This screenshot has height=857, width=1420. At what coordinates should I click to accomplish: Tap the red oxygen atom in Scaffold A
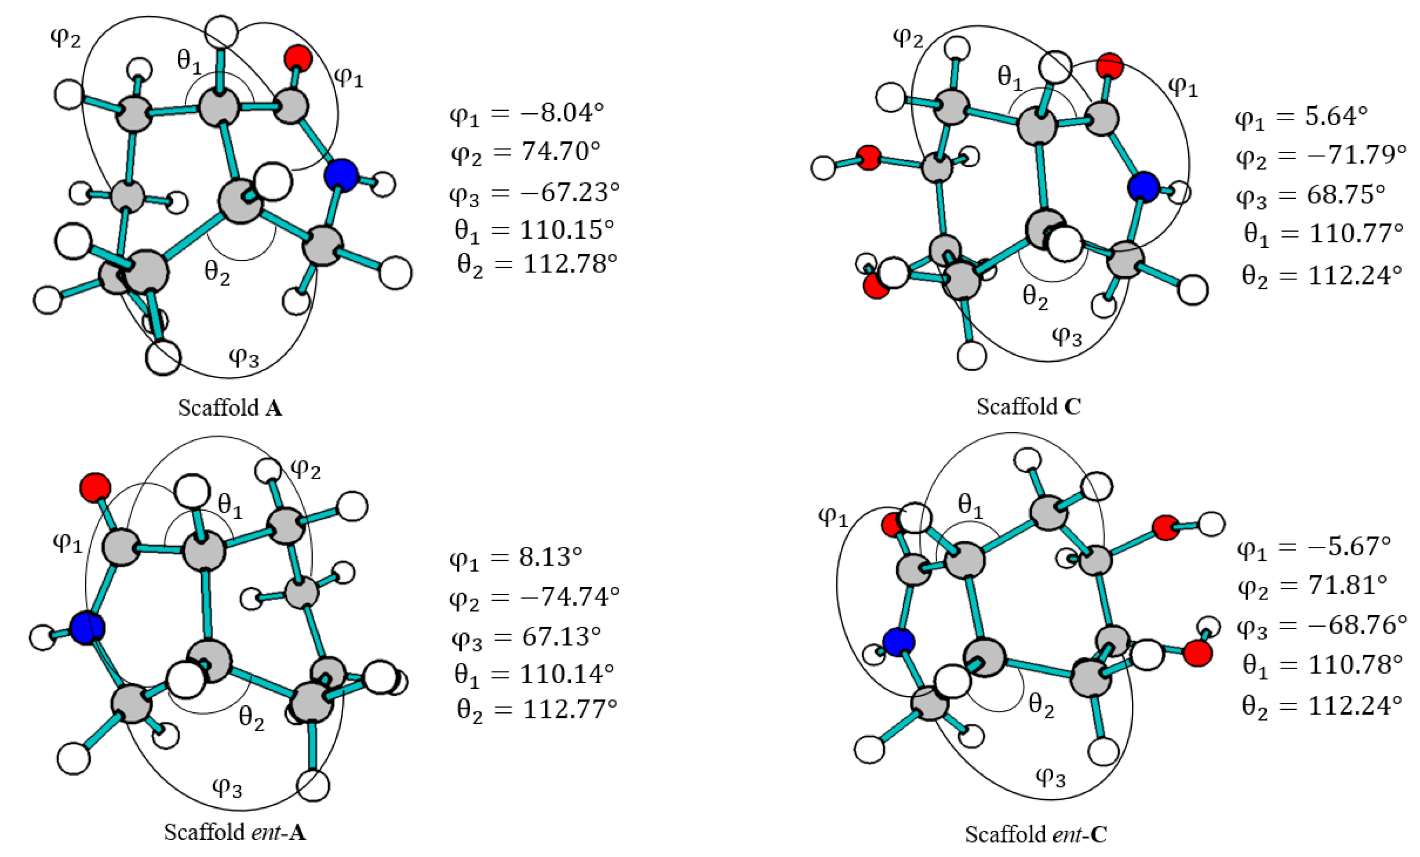coord(298,58)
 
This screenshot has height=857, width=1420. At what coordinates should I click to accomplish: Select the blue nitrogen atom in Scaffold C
coord(1143,187)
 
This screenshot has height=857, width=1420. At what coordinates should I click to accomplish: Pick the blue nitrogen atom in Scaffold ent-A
coord(87,628)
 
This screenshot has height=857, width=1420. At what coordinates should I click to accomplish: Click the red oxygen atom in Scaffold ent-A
coord(95,487)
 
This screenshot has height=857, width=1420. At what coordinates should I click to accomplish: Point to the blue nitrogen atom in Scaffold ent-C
coord(899,642)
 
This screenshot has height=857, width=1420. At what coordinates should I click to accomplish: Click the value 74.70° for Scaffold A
coord(560,151)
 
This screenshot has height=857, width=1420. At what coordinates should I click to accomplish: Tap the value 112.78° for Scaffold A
coord(569,264)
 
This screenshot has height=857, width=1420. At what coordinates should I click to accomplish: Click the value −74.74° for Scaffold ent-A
coord(569,597)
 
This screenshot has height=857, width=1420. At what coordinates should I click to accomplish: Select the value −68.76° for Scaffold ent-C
coord(1357,625)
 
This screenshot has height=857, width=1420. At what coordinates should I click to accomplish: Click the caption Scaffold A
coord(230,408)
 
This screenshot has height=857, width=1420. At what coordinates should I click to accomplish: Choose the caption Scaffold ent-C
coord(1035,834)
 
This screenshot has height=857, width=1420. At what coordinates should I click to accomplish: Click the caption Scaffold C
coord(1028,406)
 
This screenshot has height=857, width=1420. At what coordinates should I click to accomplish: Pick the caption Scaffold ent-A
coord(235,832)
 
